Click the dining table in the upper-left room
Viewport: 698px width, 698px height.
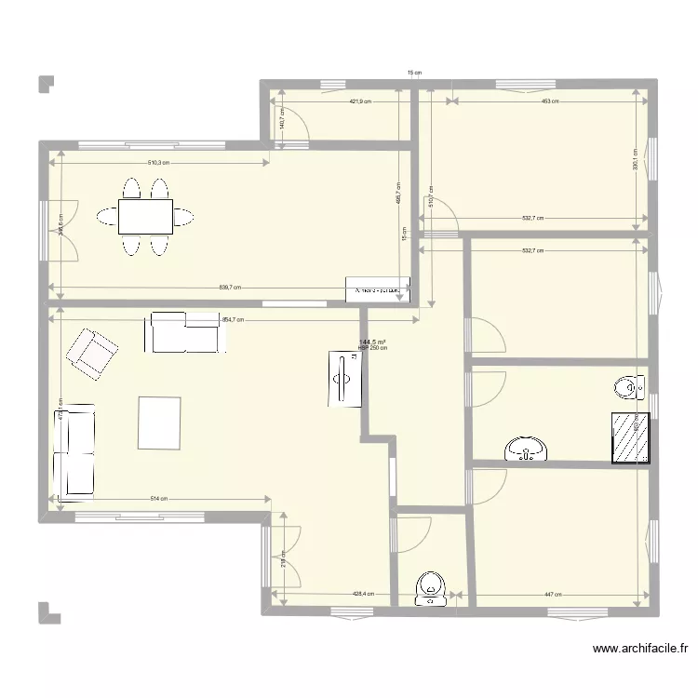(x=144, y=218)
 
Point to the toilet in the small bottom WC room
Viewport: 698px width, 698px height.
(x=430, y=589)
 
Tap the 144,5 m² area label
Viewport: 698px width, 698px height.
(x=372, y=342)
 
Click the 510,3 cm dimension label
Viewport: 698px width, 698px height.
(x=159, y=163)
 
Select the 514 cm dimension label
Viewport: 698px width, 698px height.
(x=159, y=499)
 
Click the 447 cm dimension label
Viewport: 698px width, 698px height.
(x=552, y=593)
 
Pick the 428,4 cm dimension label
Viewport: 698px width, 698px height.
(x=362, y=593)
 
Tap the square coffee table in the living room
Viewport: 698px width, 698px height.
(x=160, y=423)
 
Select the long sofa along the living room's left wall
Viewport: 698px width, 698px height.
(x=74, y=450)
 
